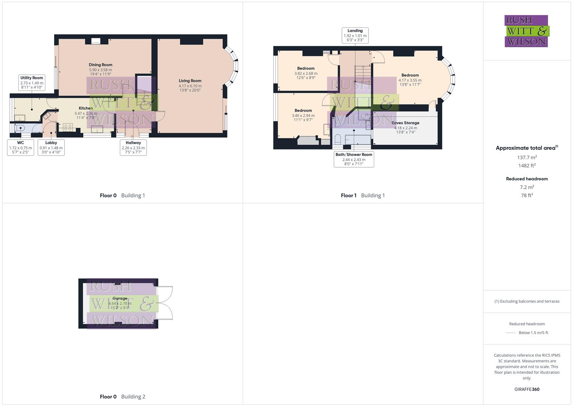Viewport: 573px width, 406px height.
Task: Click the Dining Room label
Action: [x=101, y=65]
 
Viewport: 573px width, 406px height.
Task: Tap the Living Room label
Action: [x=190, y=81]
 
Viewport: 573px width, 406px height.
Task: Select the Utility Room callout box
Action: [x=32, y=82]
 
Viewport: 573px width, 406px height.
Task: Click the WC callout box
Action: [x=21, y=147]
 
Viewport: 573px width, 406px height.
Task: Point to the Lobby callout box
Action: [x=51, y=147]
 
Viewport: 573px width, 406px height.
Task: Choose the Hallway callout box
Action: [x=133, y=147]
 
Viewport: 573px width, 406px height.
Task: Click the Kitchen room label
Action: [x=86, y=108]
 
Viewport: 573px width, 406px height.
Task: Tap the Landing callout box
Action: [x=355, y=35]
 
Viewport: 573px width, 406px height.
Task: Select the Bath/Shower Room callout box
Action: [x=354, y=159]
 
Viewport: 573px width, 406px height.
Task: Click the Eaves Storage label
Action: [x=405, y=123]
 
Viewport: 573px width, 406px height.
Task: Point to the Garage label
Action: [x=120, y=298]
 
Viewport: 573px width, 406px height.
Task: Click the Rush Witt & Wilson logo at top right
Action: [x=526, y=31]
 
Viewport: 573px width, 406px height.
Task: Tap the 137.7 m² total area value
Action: [x=527, y=158]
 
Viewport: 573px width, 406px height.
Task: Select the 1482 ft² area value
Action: [x=527, y=166]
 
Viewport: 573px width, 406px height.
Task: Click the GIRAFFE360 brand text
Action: [x=527, y=389]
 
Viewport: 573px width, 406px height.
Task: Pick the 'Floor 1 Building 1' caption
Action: [x=362, y=195]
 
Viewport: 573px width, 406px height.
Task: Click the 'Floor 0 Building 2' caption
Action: [x=122, y=397]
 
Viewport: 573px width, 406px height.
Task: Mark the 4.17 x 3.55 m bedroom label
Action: [x=410, y=80]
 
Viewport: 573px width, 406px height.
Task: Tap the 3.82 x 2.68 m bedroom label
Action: [x=306, y=73]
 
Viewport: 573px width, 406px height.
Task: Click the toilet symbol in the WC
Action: [x=20, y=128]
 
